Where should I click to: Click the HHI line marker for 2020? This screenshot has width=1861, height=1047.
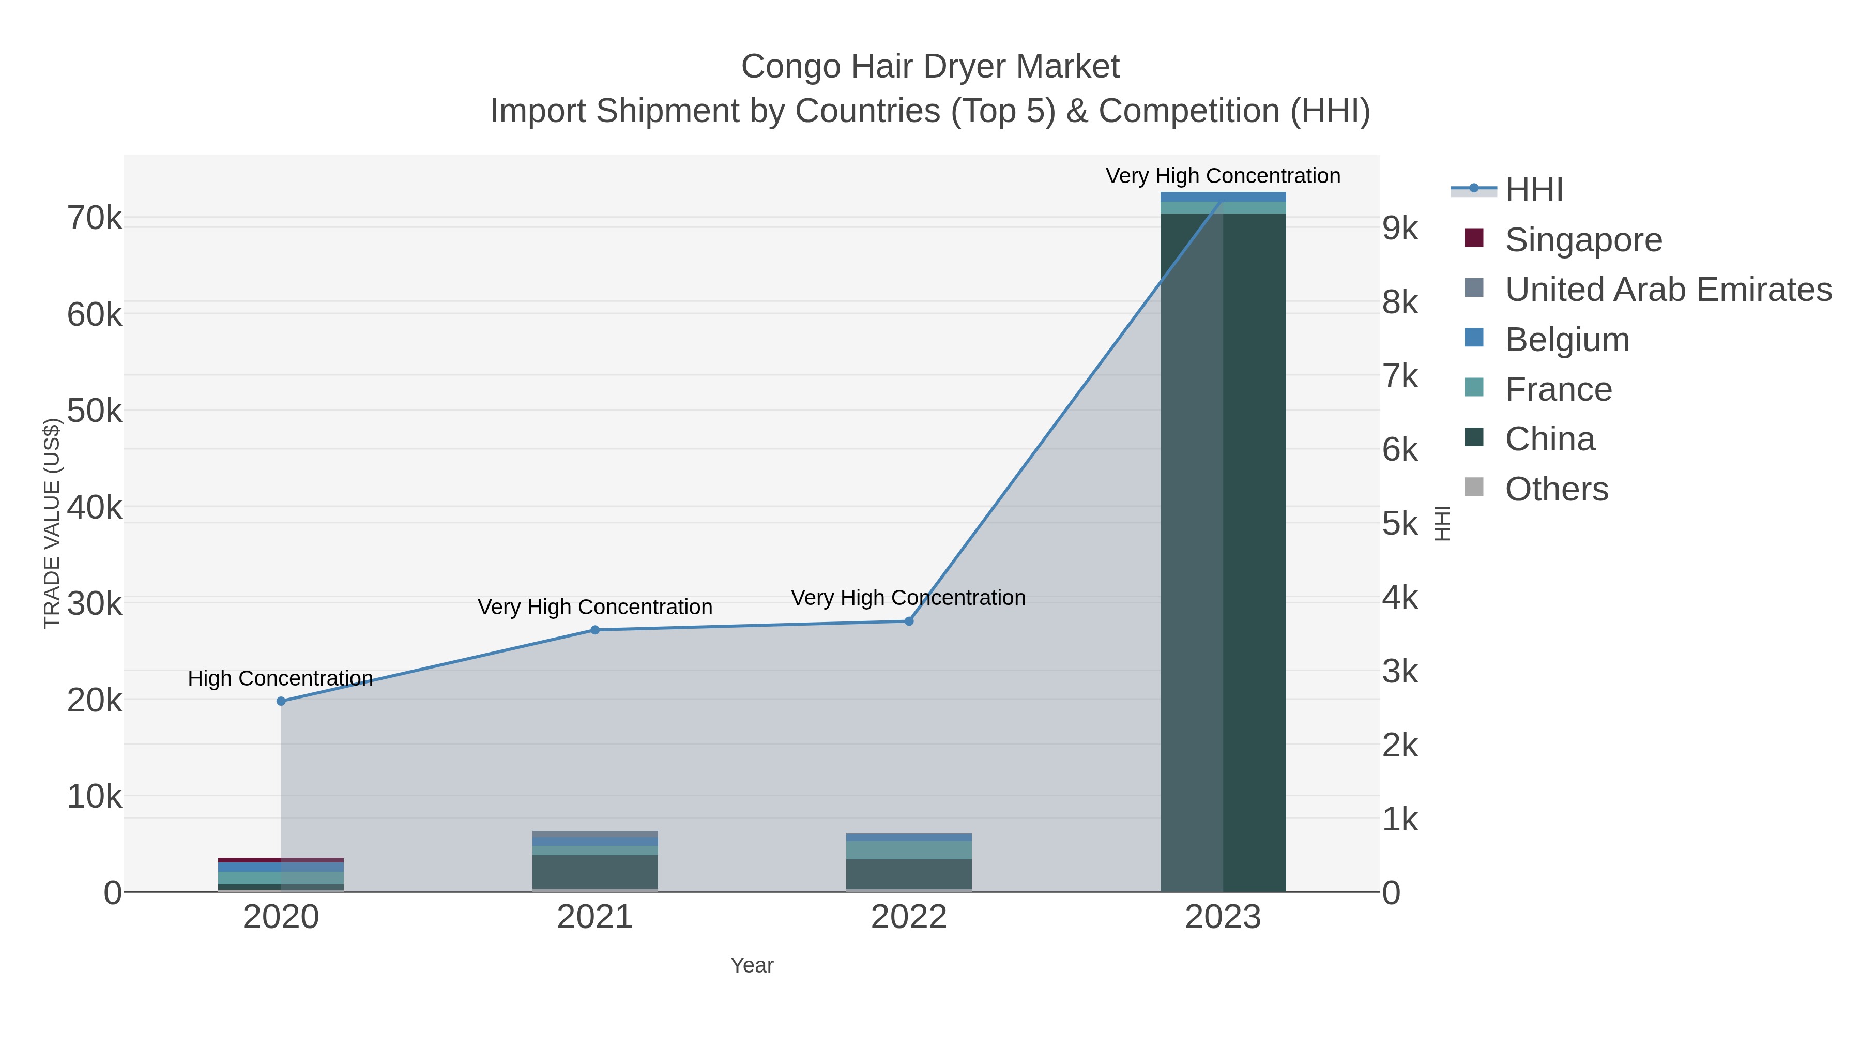tap(281, 701)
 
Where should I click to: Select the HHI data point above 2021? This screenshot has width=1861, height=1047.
tap(594, 630)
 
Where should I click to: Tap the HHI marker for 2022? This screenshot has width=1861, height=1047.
tap(909, 621)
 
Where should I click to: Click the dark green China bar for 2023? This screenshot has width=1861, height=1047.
tap(1254, 549)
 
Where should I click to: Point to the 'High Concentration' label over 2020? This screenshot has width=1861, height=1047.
tap(280, 678)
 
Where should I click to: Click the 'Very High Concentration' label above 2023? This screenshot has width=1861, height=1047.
tap(1223, 176)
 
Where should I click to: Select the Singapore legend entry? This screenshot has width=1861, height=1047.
tap(1582, 240)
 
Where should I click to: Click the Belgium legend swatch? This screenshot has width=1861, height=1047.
tap(1474, 338)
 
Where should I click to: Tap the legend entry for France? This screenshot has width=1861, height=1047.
tap(1558, 389)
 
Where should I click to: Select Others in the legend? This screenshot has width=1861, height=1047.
tap(1555, 489)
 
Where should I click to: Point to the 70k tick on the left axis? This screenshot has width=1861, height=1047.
tap(95, 218)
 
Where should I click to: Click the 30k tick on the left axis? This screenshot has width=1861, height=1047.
tap(95, 604)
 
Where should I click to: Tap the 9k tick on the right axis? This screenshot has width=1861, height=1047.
tap(1399, 229)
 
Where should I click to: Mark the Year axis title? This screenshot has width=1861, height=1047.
tap(751, 965)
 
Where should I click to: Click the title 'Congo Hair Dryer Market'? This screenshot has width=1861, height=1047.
tap(930, 67)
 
